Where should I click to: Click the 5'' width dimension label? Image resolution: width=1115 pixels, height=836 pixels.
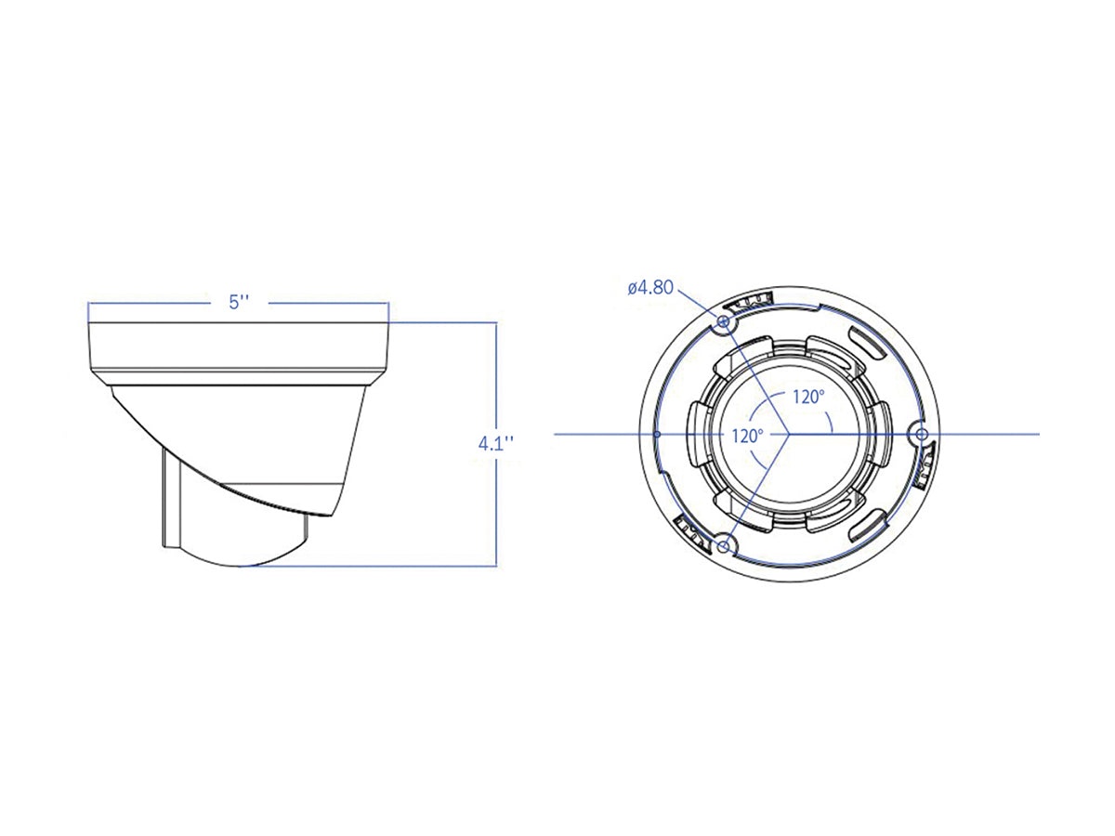point(240,302)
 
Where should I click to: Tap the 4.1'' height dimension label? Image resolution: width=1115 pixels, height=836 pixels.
point(496,443)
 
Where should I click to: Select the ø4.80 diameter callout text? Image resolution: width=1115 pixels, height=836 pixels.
point(649,287)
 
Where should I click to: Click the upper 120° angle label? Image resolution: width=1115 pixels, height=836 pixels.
point(807,397)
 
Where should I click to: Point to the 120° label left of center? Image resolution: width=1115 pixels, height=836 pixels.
point(746,435)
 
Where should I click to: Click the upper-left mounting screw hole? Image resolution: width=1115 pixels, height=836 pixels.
point(724,320)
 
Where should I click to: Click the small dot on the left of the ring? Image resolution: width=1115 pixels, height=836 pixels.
point(657,434)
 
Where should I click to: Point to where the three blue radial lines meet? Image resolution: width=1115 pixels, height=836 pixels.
point(789,434)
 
